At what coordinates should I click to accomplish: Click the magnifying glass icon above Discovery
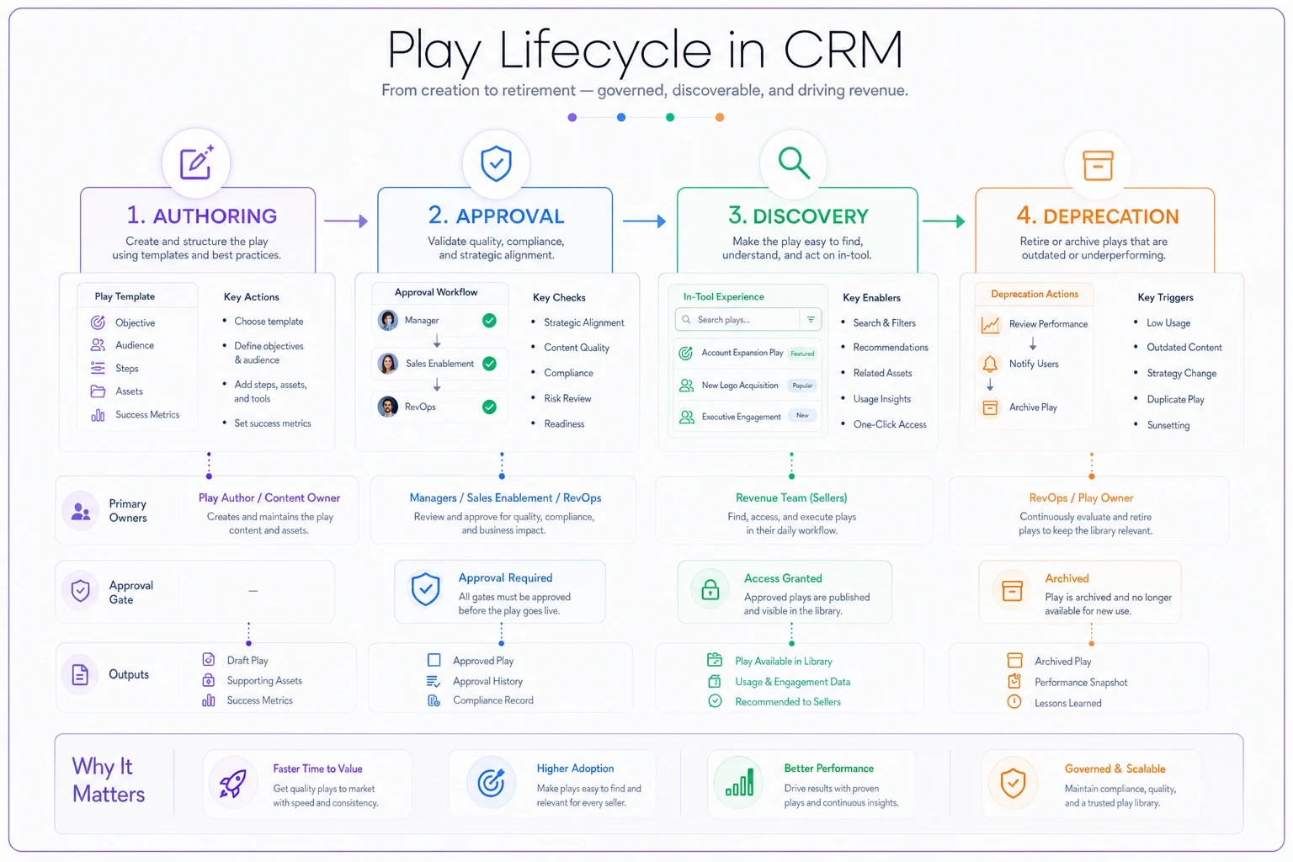tap(794, 163)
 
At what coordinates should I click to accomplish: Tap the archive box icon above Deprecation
tap(1098, 166)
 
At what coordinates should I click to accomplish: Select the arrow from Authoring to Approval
tap(346, 221)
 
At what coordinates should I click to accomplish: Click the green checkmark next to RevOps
tap(489, 407)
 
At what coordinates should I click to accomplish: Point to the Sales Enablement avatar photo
tap(388, 364)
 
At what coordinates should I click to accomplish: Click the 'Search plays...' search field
tap(748, 319)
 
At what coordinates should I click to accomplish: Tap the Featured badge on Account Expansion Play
tap(802, 354)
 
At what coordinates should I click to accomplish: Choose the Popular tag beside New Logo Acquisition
tap(802, 385)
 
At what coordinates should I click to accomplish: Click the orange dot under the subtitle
tap(719, 117)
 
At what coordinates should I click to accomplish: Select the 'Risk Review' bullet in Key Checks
tap(567, 398)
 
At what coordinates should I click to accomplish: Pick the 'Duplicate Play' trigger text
tap(1175, 400)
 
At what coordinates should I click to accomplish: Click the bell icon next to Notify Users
tap(990, 364)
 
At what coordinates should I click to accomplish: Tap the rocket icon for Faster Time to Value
tap(232, 784)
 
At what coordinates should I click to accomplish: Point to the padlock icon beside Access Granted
tap(710, 589)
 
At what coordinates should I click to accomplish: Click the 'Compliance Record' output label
tap(493, 700)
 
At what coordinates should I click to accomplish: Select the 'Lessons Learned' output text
tap(1068, 703)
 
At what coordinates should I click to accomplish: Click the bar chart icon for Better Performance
tap(739, 782)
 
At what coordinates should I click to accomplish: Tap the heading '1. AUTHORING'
tap(201, 215)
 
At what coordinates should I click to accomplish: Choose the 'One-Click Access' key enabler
tap(890, 424)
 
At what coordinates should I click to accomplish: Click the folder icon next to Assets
tap(98, 391)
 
